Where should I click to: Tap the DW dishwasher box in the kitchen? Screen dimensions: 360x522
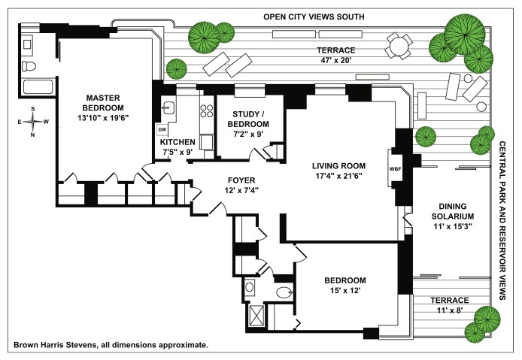pos(162,129)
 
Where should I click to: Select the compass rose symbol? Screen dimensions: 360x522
pos(33,122)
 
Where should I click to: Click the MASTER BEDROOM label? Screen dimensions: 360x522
pos(104,103)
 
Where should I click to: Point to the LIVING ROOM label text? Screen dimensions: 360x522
pos(338,166)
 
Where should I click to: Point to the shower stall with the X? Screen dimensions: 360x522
pos(256,313)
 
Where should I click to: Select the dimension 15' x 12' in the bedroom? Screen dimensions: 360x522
pos(346,291)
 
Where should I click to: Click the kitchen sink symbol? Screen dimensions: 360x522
pos(169,107)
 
